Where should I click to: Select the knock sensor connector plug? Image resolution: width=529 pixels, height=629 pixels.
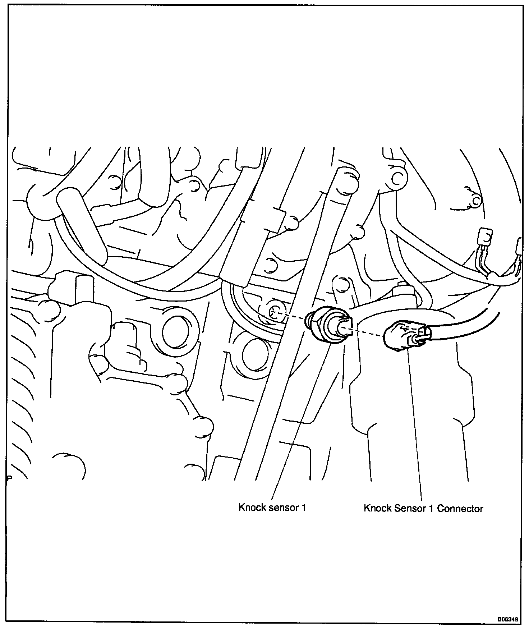coord(401,336)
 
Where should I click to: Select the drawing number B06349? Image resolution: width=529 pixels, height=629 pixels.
coord(507,619)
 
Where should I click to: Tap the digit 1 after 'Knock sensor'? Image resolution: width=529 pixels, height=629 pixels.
coord(304,508)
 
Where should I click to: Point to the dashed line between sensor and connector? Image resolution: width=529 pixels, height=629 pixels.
coord(370,333)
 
